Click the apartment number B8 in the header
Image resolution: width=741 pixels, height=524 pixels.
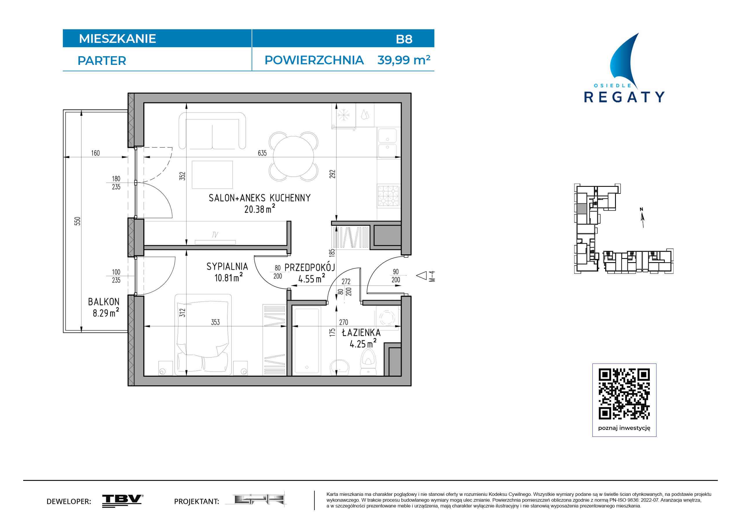pos(404,39)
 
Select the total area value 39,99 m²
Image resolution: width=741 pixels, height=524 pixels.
pos(404,60)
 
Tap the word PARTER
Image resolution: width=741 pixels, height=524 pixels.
pos(102,61)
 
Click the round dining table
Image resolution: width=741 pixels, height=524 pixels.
pos(293,156)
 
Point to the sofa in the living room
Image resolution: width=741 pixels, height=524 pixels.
pos(212,131)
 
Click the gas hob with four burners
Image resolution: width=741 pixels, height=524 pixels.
pos(389,195)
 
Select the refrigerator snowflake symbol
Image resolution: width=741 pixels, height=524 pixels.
pos(343,115)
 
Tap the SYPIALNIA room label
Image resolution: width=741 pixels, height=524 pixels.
pos(227,267)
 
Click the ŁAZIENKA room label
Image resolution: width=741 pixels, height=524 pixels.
pos(361,333)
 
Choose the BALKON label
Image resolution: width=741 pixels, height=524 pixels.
pos(104,302)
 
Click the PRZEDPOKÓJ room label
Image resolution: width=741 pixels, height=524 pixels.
pos(310,267)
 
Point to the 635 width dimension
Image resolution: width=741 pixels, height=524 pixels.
pos(262,153)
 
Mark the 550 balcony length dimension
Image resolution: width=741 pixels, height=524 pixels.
pos(77,221)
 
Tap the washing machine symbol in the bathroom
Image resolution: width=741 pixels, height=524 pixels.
pos(387,318)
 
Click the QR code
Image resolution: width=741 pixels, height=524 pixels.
pos(624,394)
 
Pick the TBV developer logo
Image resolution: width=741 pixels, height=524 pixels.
pos(123,501)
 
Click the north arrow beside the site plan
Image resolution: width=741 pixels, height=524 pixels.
pos(642,218)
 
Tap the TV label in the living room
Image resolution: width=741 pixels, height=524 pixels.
pos(215,235)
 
